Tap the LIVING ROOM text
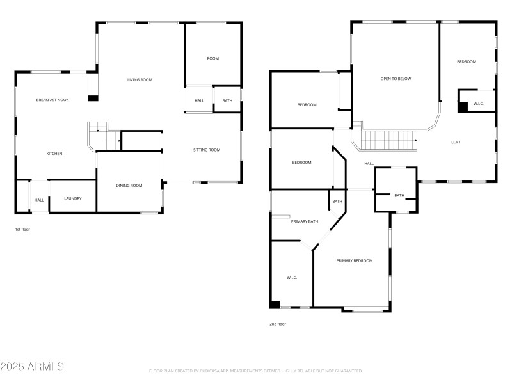click(140, 79)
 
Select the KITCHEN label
click(54, 154)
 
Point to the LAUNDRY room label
click(73, 198)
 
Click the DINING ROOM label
click(129, 186)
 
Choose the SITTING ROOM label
click(207, 150)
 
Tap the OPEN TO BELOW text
click(396, 79)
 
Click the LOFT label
click(456, 142)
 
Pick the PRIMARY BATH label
click(305, 221)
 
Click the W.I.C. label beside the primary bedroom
click(291, 277)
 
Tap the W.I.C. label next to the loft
click(478, 104)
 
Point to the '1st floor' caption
click(22, 229)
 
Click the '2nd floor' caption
click(277, 324)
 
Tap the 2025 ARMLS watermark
click(32, 367)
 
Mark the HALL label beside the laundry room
click(39, 200)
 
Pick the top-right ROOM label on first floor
click(212, 58)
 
